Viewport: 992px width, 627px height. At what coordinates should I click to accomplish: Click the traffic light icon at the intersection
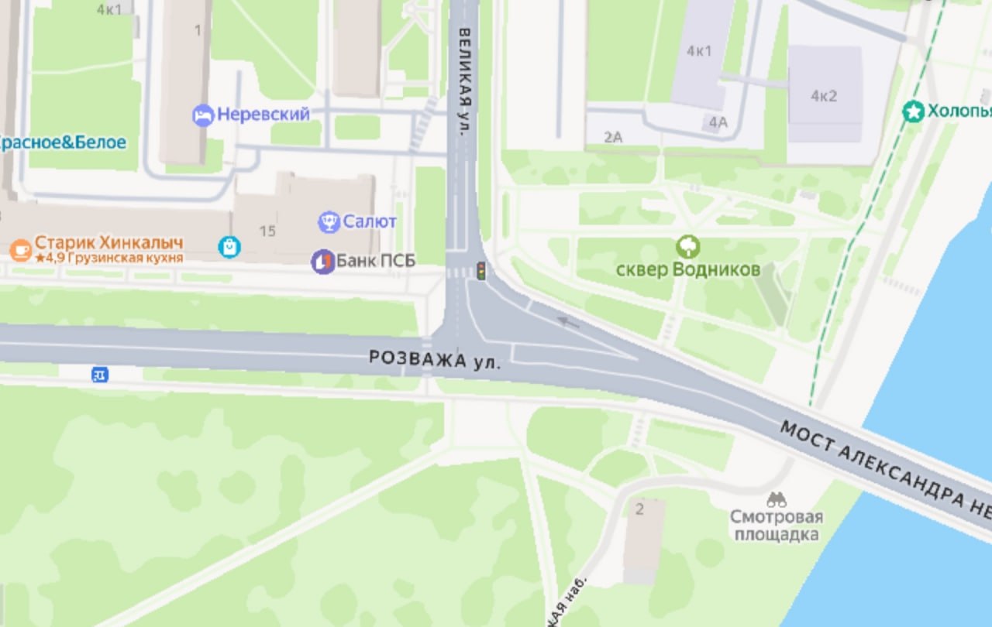[x=480, y=271]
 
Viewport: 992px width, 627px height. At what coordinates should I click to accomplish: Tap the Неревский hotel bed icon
[x=203, y=115]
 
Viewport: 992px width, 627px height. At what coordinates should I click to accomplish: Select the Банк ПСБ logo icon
[x=322, y=261]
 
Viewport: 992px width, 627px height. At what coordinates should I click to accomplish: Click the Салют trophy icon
[x=329, y=222]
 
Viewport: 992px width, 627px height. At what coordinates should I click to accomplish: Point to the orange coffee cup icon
[x=20, y=249]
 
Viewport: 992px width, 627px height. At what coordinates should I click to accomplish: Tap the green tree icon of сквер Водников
[x=687, y=248]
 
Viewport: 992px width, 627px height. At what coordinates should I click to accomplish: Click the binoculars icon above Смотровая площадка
[x=776, y=500]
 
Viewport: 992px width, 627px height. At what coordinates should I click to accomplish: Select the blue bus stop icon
[x=100, y=375]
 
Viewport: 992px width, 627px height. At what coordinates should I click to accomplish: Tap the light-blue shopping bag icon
[x=229, y=247]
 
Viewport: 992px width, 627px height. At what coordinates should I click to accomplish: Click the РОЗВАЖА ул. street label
[x=435, y=359]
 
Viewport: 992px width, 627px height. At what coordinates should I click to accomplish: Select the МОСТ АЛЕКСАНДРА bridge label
[x=883, y=472]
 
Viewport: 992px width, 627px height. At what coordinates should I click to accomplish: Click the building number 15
[x=267, y=231]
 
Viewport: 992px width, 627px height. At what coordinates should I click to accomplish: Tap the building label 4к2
[x=824, y=96]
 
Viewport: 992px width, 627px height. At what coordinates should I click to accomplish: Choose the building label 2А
[x=613, y=138]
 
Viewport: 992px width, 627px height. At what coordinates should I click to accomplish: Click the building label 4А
[x=718, y=122]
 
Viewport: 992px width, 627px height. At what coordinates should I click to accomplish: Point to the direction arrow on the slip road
[x=568, y=320]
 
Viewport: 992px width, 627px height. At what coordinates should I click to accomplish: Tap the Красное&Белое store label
[x=62, y=142]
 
